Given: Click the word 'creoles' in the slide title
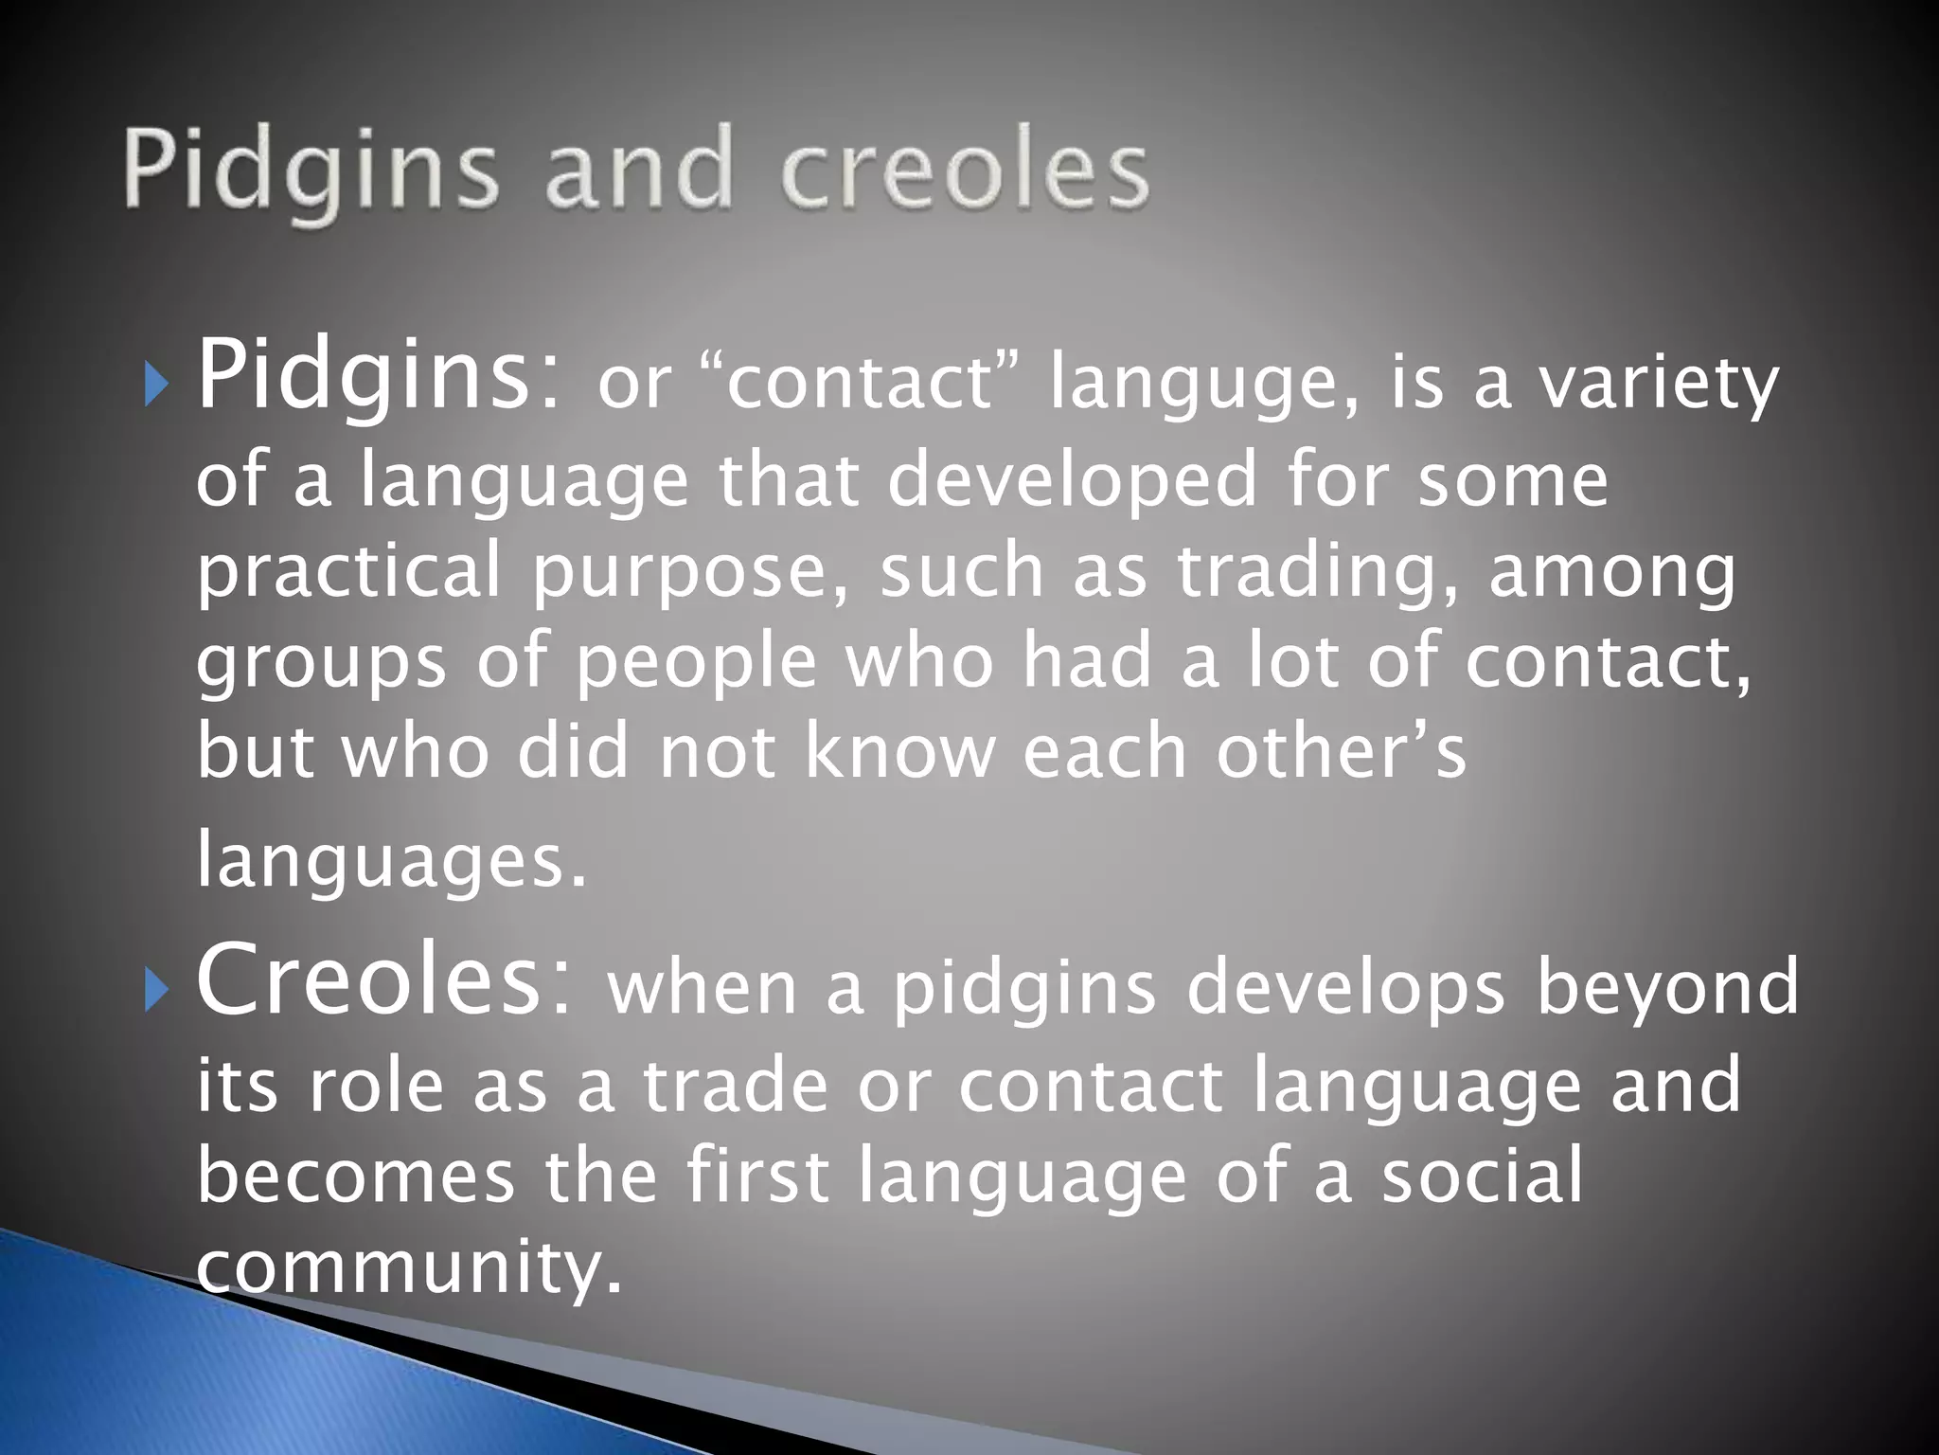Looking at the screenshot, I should [965, 171].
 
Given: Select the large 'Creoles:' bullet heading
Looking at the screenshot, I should [384, 980].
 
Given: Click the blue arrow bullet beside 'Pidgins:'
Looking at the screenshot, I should [156, 386].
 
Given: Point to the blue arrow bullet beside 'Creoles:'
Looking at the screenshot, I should [156, 991].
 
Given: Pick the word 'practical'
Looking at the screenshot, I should [347, 571].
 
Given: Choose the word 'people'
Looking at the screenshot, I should [696, 662].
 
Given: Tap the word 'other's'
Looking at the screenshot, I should [1341, 750].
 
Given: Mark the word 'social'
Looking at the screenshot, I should [1482, 1176].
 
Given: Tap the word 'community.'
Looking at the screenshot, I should [409, 1267].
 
